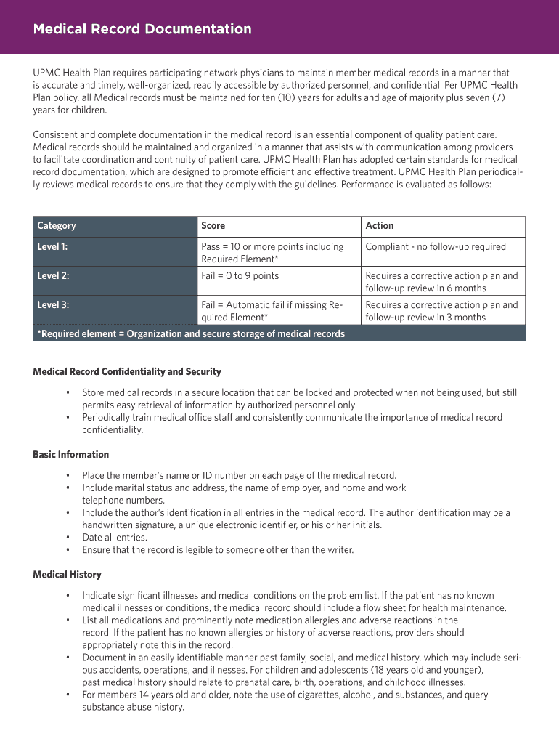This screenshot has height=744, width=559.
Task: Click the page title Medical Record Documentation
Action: point(142,29)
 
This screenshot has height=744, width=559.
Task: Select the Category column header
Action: point(57,226)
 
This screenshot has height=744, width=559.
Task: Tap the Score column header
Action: point(213,226)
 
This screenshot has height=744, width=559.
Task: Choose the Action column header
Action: point(380,226)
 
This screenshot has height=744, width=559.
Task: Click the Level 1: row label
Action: point(52,247)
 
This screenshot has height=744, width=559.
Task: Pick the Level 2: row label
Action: point(53,276)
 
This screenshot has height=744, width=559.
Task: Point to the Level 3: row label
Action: point(53,305)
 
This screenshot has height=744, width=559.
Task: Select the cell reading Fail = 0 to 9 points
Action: point(240,276)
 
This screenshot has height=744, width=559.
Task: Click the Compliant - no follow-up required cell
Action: point(436,247)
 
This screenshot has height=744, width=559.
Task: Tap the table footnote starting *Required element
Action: point(191,334)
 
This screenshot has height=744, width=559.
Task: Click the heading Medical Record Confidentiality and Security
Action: point(127,372)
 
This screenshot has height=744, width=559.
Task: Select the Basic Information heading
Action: point(71,455)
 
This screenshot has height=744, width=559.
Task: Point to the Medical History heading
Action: point(68,575)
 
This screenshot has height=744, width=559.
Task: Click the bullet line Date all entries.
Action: point(115,538)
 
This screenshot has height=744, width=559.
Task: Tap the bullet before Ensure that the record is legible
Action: point(68,550)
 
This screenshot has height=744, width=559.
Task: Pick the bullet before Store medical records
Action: point(68,393)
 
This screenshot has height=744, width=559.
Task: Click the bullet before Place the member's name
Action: point(68,476)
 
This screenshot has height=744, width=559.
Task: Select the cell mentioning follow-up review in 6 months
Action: point(441,282)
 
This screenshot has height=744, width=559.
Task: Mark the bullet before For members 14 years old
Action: point(68,695)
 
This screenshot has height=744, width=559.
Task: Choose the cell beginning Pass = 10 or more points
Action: point(272,253)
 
